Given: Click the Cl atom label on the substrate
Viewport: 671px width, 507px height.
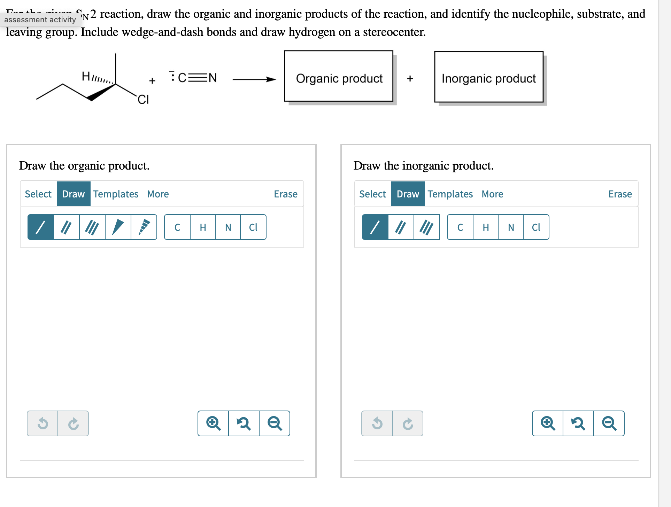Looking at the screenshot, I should [143, 100].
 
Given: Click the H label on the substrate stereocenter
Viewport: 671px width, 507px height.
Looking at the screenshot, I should [86, 76].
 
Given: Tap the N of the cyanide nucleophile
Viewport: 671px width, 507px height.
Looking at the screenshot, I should [213, 78].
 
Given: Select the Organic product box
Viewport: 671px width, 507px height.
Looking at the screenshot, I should [339, 76].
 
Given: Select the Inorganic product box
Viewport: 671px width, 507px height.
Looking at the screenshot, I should [488, 77].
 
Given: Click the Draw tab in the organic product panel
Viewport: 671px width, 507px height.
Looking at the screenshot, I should [74, 194].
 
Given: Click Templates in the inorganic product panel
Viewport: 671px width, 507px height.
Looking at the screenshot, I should [450, 194].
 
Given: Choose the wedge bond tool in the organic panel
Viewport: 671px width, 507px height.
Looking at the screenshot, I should [118, 227].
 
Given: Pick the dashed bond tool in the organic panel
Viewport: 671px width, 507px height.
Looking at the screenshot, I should [144, 227].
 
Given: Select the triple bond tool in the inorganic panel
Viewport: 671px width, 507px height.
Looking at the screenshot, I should [426, 227].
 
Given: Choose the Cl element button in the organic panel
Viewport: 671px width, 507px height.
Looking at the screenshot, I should [253, 227].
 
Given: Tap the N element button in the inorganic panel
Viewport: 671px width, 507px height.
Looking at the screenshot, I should [511, 227].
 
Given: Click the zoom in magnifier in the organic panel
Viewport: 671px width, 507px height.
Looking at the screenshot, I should [213, 423].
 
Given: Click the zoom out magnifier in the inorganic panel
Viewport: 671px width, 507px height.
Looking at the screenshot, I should [609, 423].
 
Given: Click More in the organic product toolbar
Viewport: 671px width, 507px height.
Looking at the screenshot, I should [158, 194].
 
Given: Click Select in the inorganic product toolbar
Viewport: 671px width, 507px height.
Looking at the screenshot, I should [372, 194].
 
